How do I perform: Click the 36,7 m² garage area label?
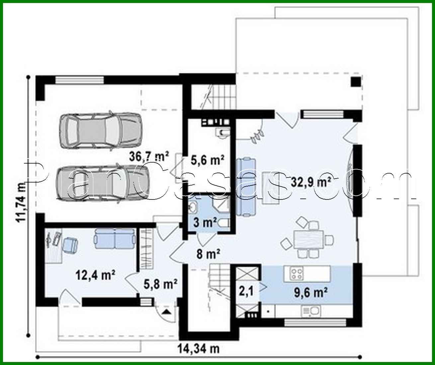point(149,157)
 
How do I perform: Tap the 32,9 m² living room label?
point(311,182)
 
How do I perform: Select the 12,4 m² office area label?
point(95,275)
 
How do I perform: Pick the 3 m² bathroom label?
point(205,222)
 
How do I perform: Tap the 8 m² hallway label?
point(208,254)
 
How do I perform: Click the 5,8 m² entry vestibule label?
point(161,284)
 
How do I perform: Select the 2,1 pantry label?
point(246,291)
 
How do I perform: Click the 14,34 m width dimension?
point(199,349)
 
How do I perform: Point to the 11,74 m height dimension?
point(22,202)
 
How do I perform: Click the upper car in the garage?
point(100,131)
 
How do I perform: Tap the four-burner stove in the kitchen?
point(296,274)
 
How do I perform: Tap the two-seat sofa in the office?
point(115,239)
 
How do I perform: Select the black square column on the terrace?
point(356,82)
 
